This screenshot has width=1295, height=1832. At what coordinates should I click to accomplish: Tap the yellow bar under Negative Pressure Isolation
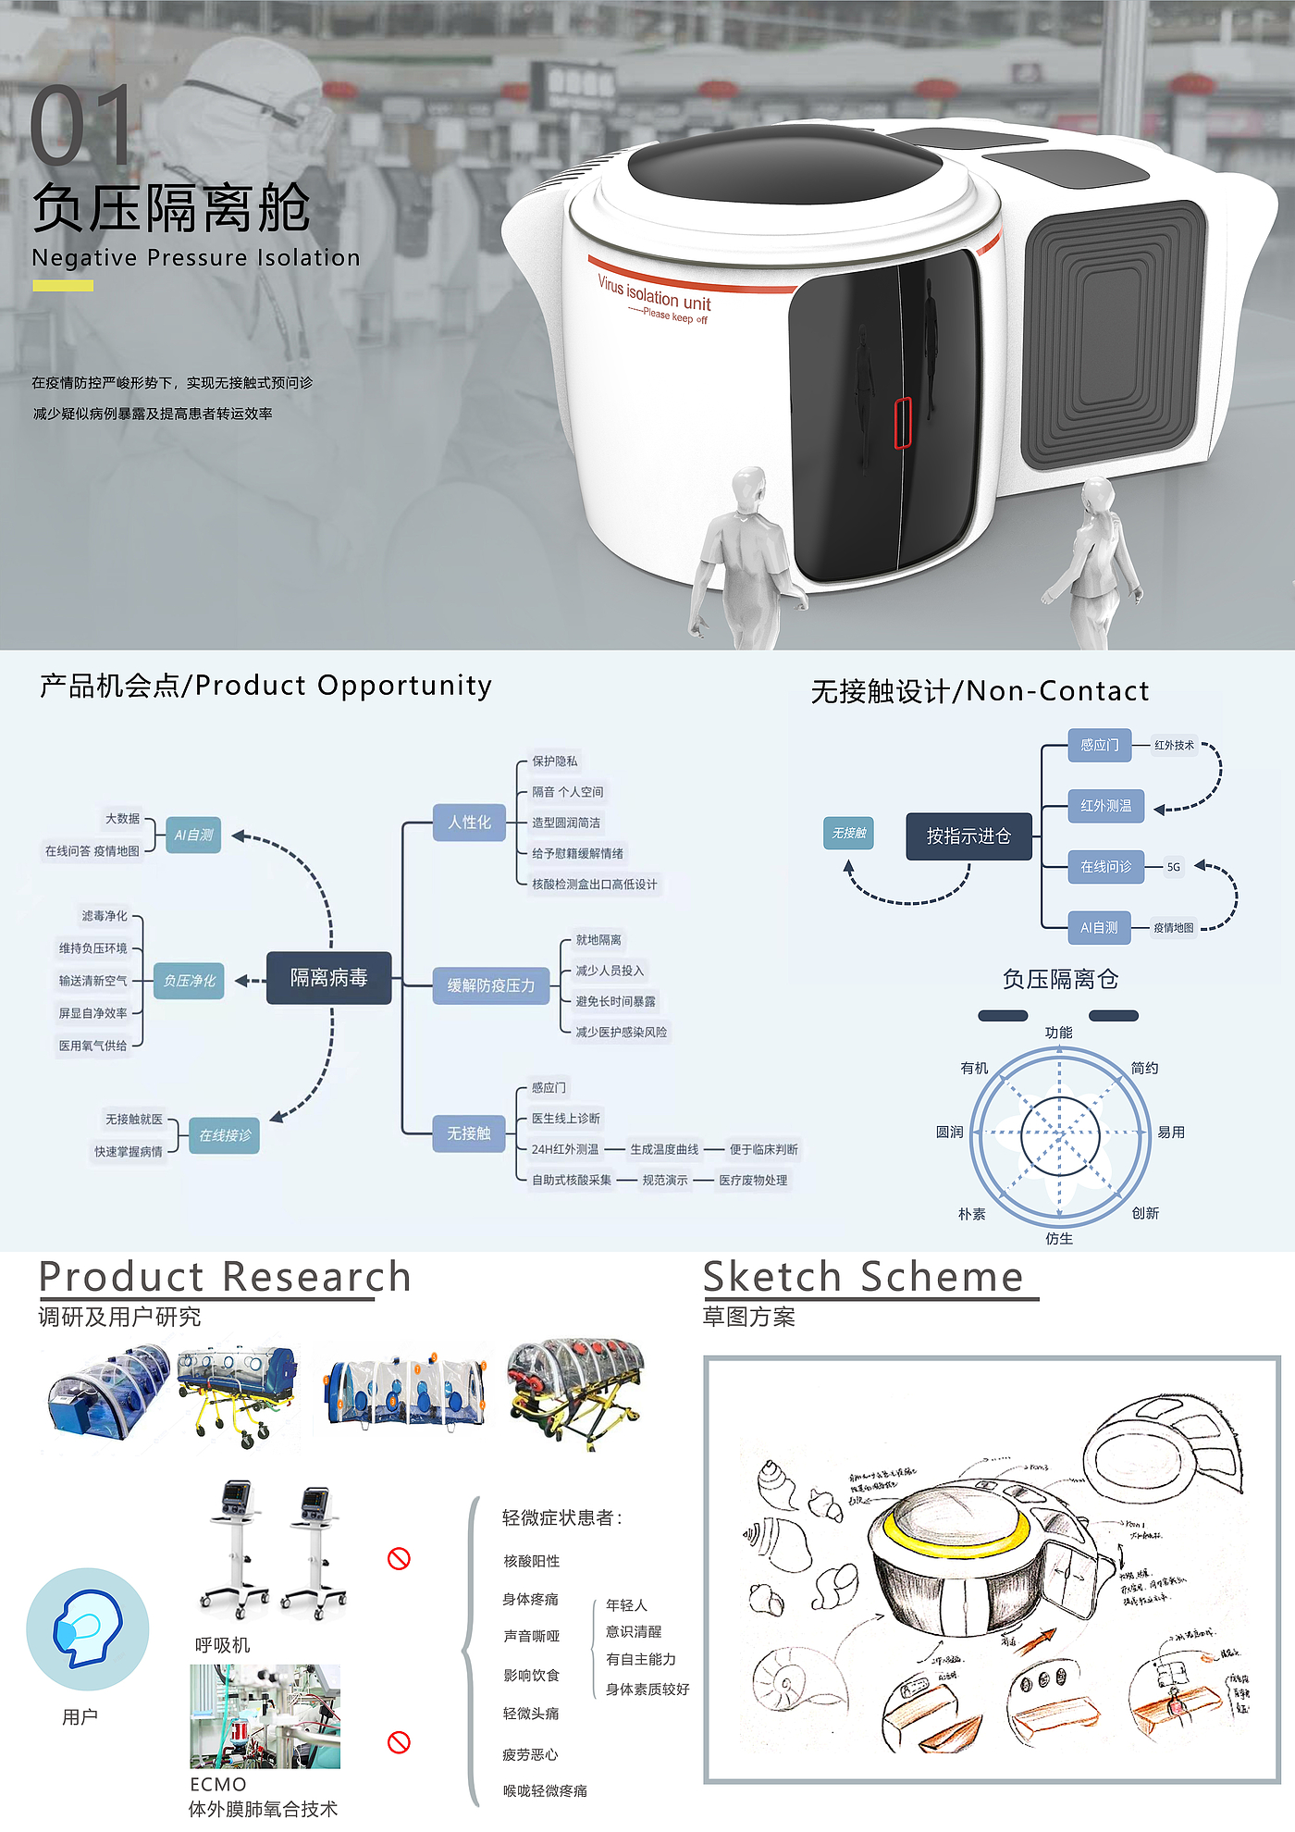point(63,286)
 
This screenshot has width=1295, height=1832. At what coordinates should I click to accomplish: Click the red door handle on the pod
point(903,423)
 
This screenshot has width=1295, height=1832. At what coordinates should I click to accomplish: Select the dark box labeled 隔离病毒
point(329,978)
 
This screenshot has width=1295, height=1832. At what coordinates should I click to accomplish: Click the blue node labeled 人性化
point(469,823)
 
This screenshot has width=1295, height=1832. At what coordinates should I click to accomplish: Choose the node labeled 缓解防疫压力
point(491,985)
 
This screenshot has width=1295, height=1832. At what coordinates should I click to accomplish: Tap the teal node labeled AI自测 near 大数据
point(193,836)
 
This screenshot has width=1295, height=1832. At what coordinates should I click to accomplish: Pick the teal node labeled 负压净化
point(190,981)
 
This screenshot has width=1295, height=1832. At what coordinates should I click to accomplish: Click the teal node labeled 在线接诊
point(225,1135)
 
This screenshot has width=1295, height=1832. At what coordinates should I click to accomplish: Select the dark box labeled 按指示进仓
point(968,836)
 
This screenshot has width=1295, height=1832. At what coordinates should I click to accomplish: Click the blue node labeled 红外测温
point(1106,806)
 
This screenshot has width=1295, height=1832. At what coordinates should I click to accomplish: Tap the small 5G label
point(1173,867)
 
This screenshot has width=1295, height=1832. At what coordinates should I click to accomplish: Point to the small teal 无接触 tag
point(848,834)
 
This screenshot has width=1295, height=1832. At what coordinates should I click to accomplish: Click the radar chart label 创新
point(1145,1213)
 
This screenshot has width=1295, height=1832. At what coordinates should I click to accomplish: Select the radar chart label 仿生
point(1059,1239)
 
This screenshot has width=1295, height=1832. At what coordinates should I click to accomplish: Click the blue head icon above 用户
point(88,1628)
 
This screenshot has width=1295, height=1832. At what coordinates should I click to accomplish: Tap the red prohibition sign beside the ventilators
point(399,1559)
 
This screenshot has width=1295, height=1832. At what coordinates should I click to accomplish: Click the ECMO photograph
point(265,1716)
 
